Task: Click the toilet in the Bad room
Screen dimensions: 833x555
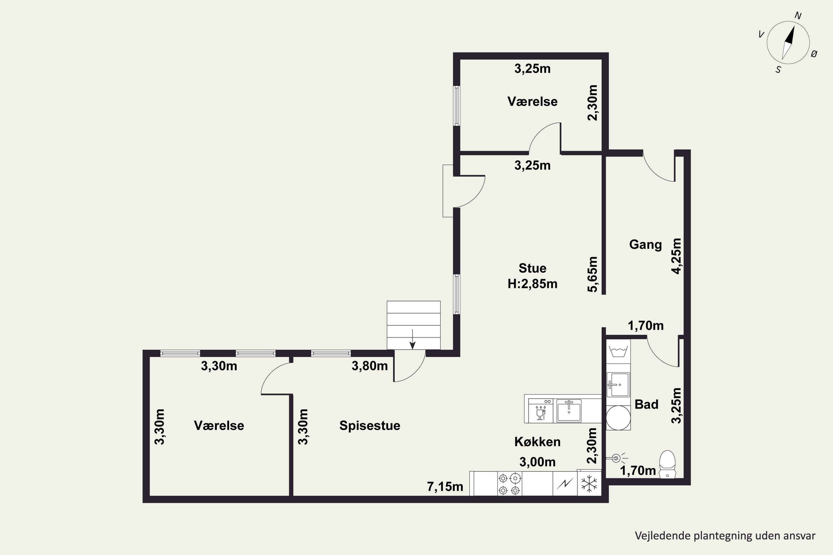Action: pos(667,464)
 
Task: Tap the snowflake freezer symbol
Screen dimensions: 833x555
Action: pos(589,483)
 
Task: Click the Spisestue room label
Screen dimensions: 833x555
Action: pos(370,425)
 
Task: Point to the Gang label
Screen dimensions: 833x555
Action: pos(645,244)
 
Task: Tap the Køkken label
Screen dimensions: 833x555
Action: pos(537,442)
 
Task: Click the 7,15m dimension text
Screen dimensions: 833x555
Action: pos(445,487)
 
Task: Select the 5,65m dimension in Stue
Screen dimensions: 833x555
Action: pos(592,274)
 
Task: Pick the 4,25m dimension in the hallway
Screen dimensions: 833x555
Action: pos(676,256)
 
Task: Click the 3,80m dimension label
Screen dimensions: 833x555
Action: pos(369,366)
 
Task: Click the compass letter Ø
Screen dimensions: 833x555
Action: pos(814,54)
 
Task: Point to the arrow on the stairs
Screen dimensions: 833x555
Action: pos(413,339)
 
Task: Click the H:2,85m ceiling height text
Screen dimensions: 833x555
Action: pos(532,284)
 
